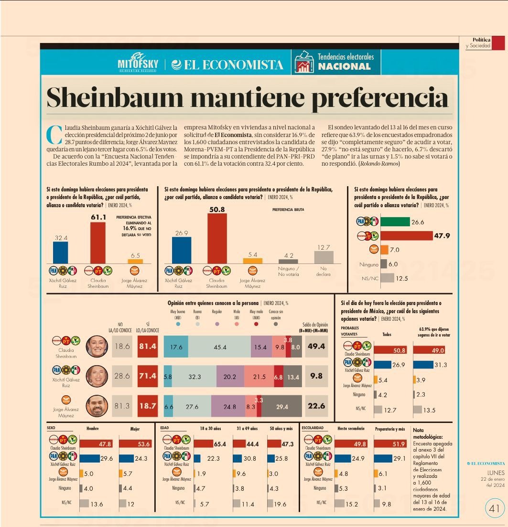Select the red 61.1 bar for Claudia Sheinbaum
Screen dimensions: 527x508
97,242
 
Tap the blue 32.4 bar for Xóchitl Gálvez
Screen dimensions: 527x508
60,252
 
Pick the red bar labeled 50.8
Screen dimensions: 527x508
216,238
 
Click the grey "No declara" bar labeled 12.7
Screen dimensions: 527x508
324,257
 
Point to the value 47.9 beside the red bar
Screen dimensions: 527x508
442,235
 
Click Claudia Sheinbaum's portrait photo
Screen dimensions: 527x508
97,347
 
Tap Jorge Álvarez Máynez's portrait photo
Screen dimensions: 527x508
97,406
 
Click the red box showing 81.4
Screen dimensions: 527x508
148,347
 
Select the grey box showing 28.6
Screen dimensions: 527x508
122,376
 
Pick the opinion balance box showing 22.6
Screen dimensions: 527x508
316,406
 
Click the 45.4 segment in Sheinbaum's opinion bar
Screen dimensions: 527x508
220,347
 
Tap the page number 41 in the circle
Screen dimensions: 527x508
494,508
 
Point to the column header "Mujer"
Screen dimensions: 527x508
135,429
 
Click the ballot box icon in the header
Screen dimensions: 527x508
304,62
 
